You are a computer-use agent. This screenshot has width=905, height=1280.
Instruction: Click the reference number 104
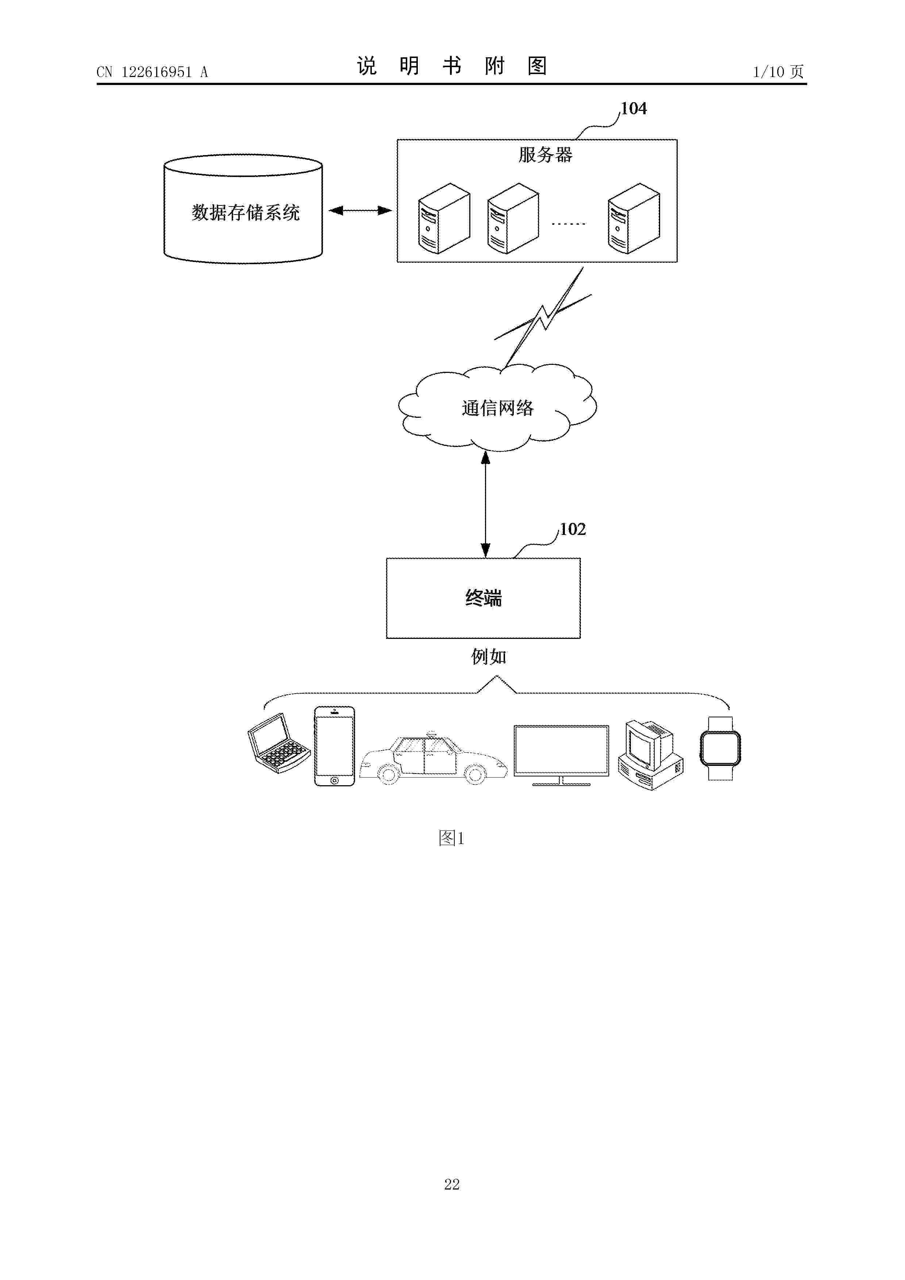click(633, 109)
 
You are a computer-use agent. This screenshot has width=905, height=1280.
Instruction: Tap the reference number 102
click(573, 529)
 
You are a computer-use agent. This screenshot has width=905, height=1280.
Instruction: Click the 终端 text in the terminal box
click(484, 598)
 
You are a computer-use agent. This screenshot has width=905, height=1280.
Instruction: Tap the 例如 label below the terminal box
click(489, 657)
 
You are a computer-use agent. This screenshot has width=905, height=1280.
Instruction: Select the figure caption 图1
click(452, 838)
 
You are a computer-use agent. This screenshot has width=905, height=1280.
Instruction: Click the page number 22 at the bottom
click(452, 1185)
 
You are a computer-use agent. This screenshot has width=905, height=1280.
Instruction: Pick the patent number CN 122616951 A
click(152, 72)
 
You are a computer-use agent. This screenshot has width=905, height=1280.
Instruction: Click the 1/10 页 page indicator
click(778, 72)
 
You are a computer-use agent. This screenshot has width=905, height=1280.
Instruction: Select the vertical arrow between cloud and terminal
click(486, 505)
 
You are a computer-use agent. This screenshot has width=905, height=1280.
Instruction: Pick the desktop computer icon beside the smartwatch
click(651, 755)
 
